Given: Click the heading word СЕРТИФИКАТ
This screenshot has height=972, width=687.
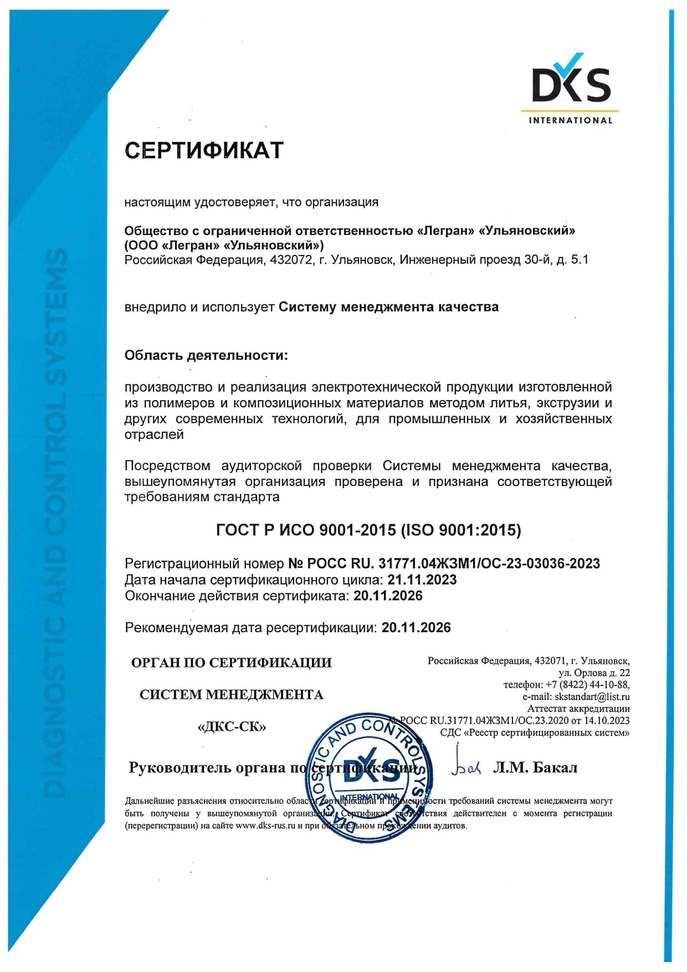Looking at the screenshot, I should click(x=204, y=151).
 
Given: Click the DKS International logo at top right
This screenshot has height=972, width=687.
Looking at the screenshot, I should click(x=571, y=89).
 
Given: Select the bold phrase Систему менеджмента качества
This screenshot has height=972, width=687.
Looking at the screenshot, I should click(x=388, y=307).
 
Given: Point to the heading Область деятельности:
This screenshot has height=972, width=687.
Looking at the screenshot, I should click(x=206, y=355).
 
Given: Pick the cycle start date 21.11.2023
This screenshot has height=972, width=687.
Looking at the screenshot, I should click(x=422, y=580).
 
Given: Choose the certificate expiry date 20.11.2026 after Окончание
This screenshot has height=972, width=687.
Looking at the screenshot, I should click(x=388, y=596).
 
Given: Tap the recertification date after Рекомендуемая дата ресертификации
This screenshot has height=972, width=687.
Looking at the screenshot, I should click(x=416, y=627).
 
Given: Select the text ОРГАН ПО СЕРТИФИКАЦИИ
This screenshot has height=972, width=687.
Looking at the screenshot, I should click(x=232, y=663).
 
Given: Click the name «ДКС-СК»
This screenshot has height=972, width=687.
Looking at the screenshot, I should click(x=232, y=727).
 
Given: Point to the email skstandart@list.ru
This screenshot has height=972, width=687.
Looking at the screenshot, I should click(x=592, y=697).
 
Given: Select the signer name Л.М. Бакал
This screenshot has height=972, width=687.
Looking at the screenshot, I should click(x=535, y=768).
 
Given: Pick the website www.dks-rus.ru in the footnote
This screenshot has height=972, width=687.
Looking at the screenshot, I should click(x=265, y=826).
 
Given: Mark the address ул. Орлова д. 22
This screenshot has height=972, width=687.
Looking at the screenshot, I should click(x=594, y=673).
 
